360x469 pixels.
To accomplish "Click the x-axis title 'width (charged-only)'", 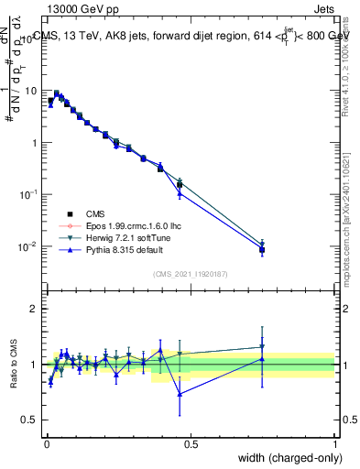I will [x=285, y=457].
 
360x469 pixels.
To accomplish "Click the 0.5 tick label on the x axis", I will [x=190, y=444].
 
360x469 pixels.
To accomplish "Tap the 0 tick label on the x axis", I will [x=46, y=444].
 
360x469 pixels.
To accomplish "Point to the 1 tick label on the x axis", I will [x=334, y=444].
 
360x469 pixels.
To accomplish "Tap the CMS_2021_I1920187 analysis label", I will [x=190, y=274].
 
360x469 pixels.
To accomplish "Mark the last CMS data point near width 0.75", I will [x=262, y=249].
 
